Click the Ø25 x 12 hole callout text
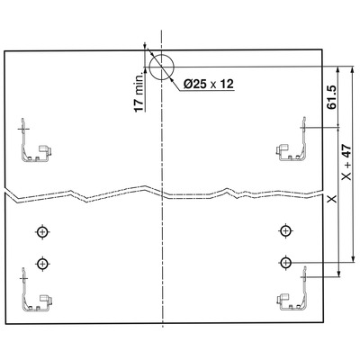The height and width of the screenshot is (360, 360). click(x=209, y=84)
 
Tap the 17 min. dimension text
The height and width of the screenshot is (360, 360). click(x=139, y=93)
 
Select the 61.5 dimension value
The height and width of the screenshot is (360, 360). click(x=332, y=97)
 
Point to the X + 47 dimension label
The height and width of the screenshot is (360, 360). click(x=346, y=162)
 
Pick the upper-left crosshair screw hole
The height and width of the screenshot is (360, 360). click(x=43, y=231)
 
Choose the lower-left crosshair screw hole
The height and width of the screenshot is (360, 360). click(x=43, y=264)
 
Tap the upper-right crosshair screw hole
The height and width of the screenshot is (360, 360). click(x=286, y=231)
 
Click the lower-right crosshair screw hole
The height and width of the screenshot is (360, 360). click(x=286, y=263)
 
